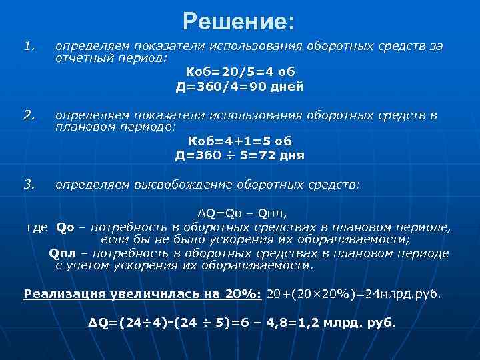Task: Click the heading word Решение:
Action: point(239,21)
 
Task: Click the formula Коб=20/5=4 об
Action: point(240,72)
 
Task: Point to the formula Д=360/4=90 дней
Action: point(240,87)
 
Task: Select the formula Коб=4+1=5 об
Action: point(240,141)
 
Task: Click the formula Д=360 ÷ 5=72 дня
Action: point(240,156)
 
